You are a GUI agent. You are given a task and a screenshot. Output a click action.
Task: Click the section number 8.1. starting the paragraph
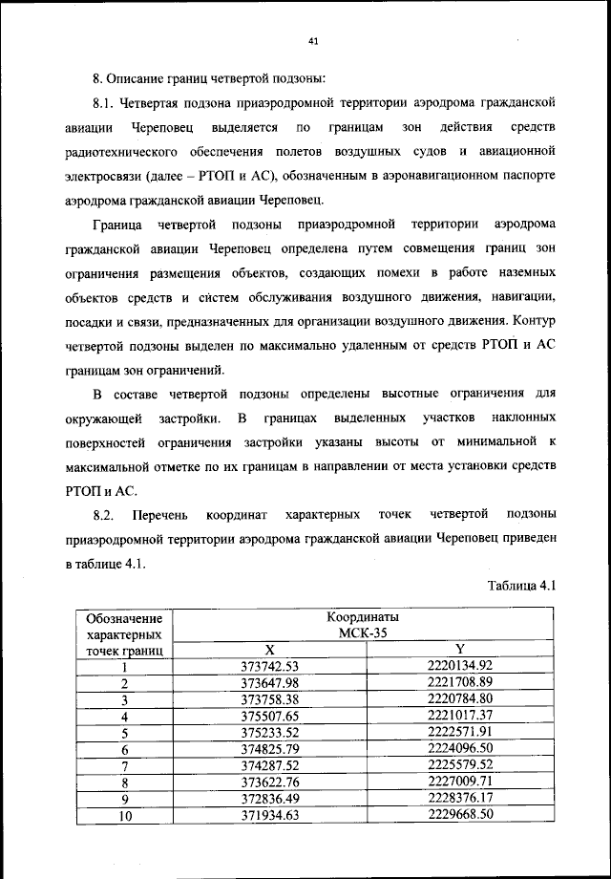(x=105, y=102)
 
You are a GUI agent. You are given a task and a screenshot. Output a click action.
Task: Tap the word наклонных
(x=522, y=418)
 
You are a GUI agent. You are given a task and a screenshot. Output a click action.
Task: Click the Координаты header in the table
(x=358, y=618)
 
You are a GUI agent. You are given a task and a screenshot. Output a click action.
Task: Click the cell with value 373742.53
(x=269, y=665)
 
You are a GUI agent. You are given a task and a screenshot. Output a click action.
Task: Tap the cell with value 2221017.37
(x=459, y=715)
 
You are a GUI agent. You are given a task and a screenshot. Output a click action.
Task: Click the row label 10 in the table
(x=124, y=815)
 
